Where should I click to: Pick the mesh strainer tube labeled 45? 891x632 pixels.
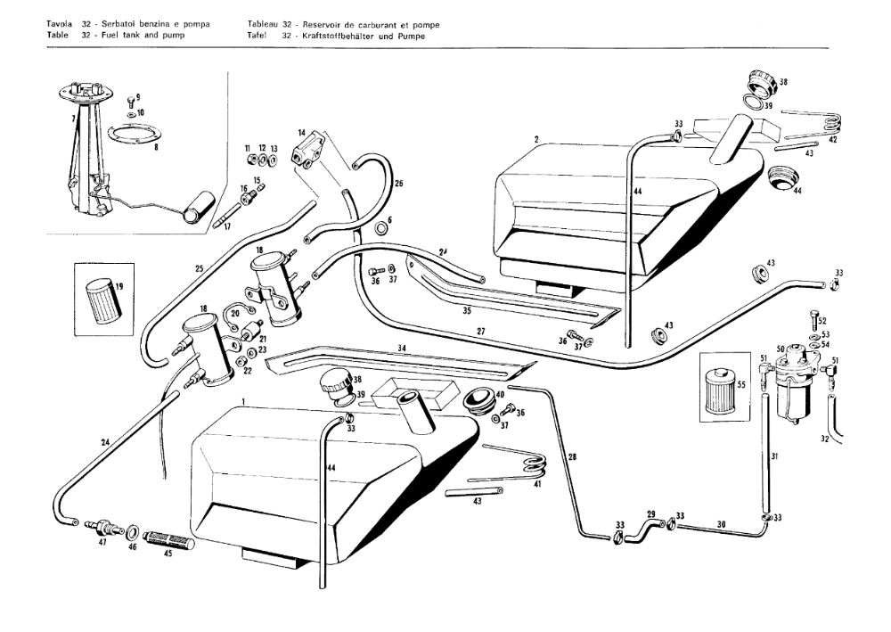[167, 542]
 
